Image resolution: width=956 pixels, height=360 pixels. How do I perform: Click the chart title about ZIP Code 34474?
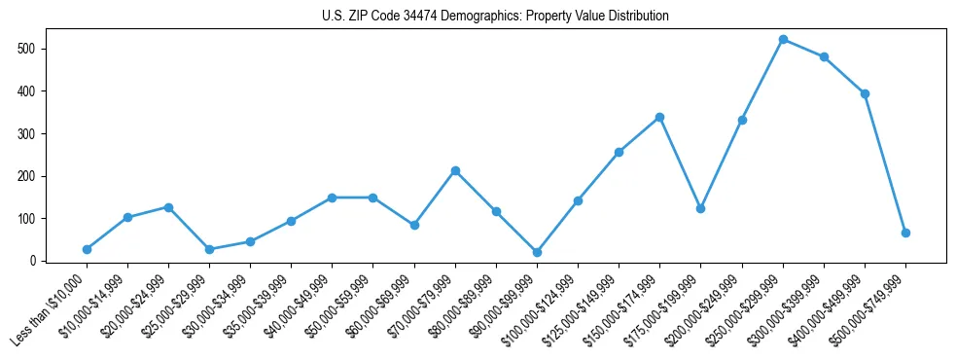[x=495, y=17]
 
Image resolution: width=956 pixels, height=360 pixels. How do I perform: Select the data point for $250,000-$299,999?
[x=783, y=40]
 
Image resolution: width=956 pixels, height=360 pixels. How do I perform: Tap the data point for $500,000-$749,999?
[x=905, y=233]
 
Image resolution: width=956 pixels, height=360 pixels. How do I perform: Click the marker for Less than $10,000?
[x=87, y=249]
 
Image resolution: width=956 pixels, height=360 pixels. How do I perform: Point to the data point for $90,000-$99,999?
[x=537, y=252]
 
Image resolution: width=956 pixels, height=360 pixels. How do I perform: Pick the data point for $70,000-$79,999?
[x=455, y=170]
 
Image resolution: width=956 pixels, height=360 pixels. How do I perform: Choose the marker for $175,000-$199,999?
[x=700, y=208]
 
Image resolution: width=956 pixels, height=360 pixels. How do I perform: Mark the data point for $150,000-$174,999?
[x=659, y=117]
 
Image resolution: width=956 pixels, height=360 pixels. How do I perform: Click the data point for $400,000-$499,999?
[x=865, y=93]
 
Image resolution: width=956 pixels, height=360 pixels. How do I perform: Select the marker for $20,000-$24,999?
[x=168, y=207]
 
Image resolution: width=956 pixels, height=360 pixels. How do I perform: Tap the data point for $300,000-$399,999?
[x=824, y=56]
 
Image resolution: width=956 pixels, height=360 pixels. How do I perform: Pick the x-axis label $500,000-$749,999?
[x=869, y=306]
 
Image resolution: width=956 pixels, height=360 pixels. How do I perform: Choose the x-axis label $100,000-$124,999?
[x=542, y=306]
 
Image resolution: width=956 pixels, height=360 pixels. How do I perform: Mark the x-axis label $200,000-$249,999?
[x=706, y=306]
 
